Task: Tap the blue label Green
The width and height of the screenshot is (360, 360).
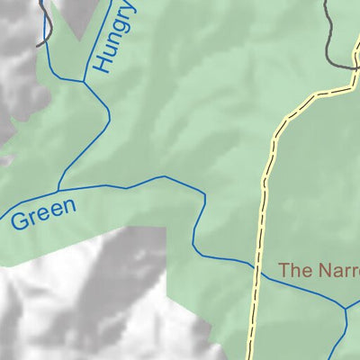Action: [x=44, y=213]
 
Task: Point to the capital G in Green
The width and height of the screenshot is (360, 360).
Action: [x=20, y=220]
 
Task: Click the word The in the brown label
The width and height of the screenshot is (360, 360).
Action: [x=293, y=269]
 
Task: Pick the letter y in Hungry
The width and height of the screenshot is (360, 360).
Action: [x=130, y=10]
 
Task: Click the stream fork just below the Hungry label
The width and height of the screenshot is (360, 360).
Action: [x=84, y=82]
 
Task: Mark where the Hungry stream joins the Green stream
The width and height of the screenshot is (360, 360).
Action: [x=58, y=190]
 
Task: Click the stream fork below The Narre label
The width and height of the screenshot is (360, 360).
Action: [x=345, y=309]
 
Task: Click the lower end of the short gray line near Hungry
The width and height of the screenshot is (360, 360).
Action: [x=38, y=43]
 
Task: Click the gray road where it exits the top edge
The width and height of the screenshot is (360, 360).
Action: [x=326, y=2]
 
